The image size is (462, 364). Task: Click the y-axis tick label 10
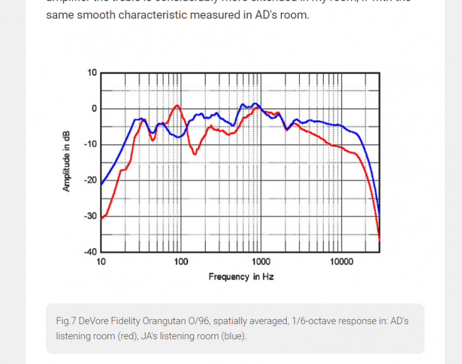click(92, 73)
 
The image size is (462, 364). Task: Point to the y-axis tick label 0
click(94, 109)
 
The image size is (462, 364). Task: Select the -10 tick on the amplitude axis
click(90, 144)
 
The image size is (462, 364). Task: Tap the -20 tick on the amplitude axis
click(90, 180)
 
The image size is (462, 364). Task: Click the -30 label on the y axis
click(90, 216)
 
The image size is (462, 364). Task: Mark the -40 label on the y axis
click(90, 251)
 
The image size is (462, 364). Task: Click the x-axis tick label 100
click(181, 262)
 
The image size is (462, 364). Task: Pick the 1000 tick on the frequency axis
click(261, 262)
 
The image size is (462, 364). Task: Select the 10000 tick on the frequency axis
click(341, 262)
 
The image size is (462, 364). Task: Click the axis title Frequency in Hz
click(241, 277)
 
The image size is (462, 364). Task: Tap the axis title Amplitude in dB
click(67, 161)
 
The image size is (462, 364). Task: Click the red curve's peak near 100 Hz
click(177, 106)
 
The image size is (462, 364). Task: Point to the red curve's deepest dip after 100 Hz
click(195, 154)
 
